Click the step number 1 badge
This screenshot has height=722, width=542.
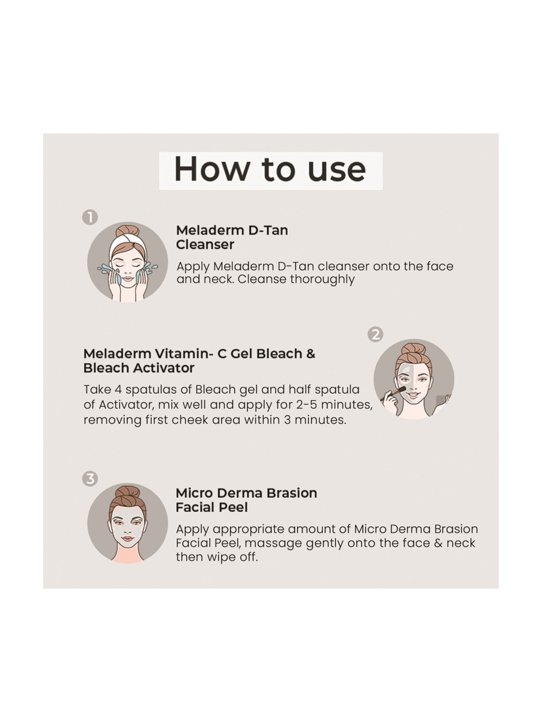pyautogui.click(x=90, y=217)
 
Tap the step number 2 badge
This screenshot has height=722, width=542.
pyautogui.click(x=375, y=335)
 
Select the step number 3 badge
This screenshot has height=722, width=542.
pyautogui.click(x=90, y=479)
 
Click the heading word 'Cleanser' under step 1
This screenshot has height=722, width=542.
pyautogui.click(x=205, y=245)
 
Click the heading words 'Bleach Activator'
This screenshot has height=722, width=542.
pyautogui.click(x=139, y=368)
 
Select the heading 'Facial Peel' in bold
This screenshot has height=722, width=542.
pyautogui.click(x=212, y=508)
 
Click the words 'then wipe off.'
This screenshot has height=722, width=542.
pyautogui.click(x=217, y=557)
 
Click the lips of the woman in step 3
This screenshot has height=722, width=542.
pyautogui.click(x=127, y=539)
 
